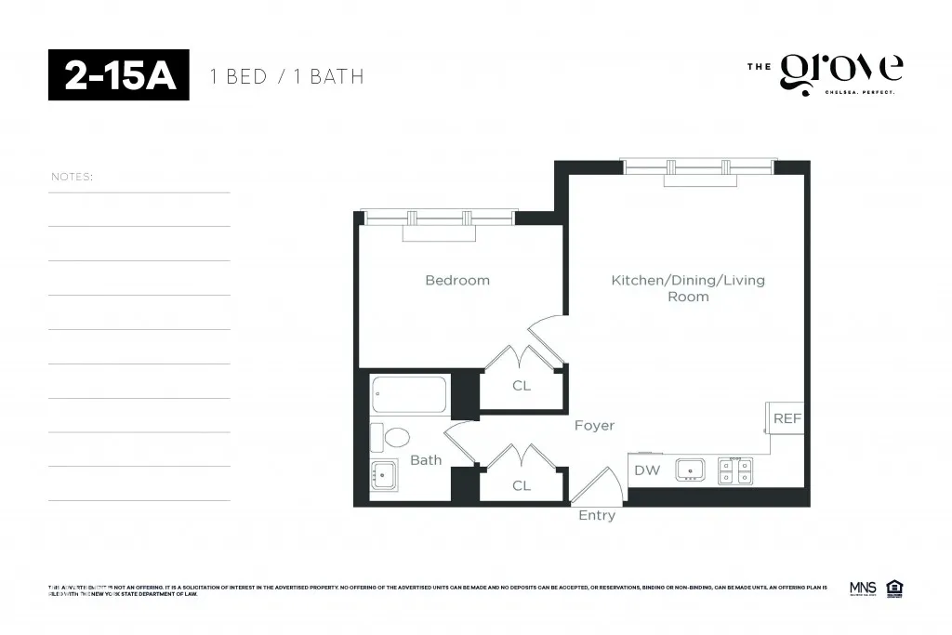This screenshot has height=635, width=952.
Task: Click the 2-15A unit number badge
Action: tap(119, 75)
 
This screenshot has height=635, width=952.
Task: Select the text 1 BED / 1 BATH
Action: tap(287, 76)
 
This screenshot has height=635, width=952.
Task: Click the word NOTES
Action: tap(73, 177)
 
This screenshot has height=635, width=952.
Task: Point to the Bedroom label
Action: tap(457, 280)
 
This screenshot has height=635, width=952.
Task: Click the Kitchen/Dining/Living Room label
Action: tap(688, 288)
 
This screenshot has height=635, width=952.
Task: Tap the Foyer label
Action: tap(594, 425)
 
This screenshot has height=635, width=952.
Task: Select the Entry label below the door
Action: tap(597, 515)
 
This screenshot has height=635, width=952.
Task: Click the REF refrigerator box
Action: tap(787, 418)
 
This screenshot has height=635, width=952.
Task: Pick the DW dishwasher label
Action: tap(647, 470)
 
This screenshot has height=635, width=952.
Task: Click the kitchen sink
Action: tap(690, 470)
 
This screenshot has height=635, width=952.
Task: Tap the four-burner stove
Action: tap(734, 470)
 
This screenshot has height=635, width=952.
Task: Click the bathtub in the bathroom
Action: tap(410, 395)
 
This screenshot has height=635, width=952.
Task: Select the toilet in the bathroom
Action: tap(392, 437)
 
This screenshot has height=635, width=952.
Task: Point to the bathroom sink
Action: tap(384, 475)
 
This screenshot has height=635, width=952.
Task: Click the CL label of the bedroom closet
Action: tap(522, 385)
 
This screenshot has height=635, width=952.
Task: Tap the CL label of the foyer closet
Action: tap(522, 485)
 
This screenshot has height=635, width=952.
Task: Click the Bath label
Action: tap(426, 460)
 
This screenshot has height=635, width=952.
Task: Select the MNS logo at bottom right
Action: tap(863, 588)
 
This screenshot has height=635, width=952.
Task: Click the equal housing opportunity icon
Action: tap(895, 588)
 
